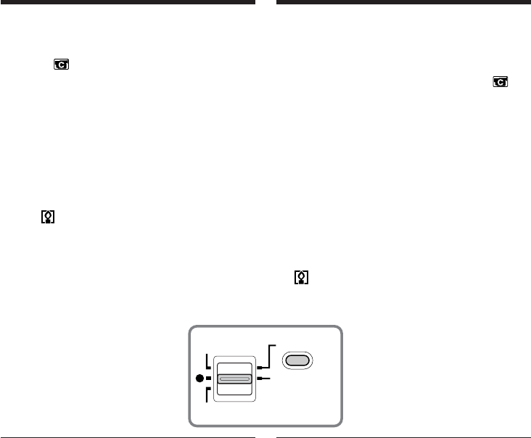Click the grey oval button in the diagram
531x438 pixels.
click(298, 360)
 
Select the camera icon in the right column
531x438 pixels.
click(500, 83)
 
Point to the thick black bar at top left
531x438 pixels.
click(128, 2)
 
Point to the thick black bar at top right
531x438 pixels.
click(403, 2)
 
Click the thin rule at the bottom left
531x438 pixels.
click(128, 437)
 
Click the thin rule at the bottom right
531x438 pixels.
click(403, 437)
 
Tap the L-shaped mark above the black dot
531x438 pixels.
click(207, 361)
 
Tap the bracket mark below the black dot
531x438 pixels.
click(208, 394)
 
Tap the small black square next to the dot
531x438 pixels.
click(207, 379)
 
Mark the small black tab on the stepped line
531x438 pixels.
click(259, 368)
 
